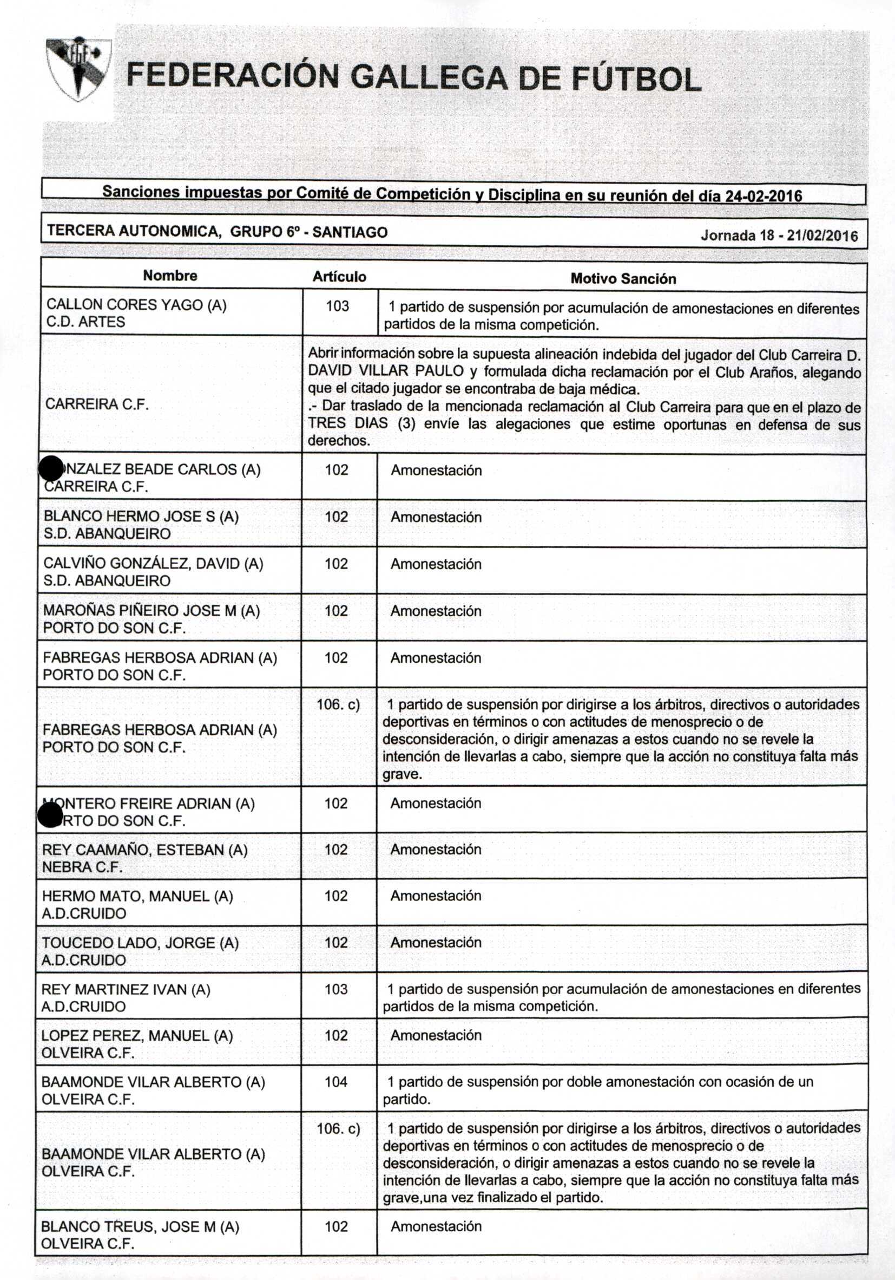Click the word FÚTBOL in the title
pyautogui.click(x=635, y=79)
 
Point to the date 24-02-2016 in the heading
pyautogui.click(x=763, y=195)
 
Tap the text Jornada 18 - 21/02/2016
pyautogui.click(x=779, y=235)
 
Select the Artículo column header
pyautogui.click(x=339, y=277)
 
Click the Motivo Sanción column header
pyautogui.click(x=622, y=278)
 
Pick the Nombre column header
pyautogui.click(x=170, y=276)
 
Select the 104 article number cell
pyautogui.click(x=336, y=1081)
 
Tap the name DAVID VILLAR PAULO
pyautogui.click(x=386, y=371)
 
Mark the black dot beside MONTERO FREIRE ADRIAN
pyautogui.click(x=50, y=815)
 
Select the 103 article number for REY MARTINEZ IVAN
pyautogui.click(x=336, y=989)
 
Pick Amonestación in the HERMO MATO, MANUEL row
pyautogui.click(x=435, y=896)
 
